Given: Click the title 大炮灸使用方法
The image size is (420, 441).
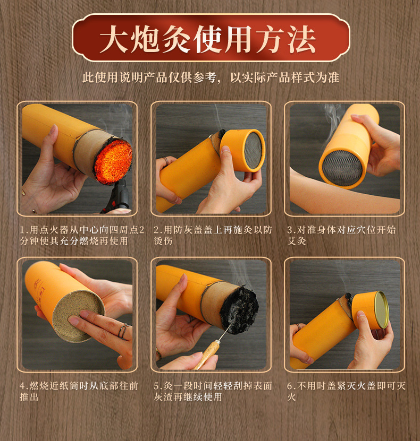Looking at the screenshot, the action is click(207, 39).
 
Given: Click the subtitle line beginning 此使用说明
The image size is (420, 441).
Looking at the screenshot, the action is click(211, 77).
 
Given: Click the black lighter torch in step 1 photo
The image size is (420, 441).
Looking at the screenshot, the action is click(119, 197).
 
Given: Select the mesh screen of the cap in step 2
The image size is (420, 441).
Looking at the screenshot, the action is click(253, 151).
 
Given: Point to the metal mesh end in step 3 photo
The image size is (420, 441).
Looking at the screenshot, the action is click(342, 168).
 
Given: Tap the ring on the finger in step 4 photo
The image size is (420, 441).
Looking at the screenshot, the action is click(123, 331).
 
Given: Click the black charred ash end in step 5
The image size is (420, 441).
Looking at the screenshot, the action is click(239, 309).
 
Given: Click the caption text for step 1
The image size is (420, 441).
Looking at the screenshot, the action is click(82, 236).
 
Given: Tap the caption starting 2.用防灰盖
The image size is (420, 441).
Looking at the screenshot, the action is click(213, 236).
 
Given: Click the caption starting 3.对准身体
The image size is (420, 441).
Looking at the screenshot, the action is click(341, 236).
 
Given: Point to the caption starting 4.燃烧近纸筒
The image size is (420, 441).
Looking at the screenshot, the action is click(79, 391).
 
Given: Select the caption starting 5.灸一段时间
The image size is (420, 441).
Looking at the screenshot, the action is click(213, 391).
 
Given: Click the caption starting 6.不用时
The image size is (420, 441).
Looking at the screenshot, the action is click(346, 391).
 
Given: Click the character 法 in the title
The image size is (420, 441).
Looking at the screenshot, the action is click(301, 39).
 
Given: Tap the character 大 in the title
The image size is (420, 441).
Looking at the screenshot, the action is click(114, 39).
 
